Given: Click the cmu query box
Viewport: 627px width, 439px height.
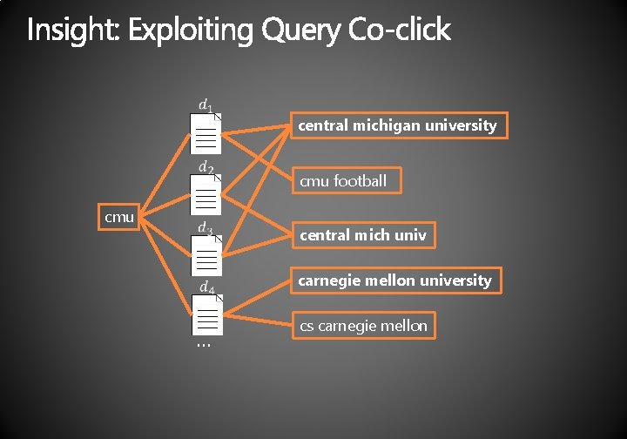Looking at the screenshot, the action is click(x=118, y=217).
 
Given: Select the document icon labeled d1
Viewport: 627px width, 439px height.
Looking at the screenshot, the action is click(x=206, y=133).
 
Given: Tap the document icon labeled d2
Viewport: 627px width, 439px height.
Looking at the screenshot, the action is click(x=206, y=195).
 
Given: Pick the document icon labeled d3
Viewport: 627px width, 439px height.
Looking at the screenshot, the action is click(x=206, y=255).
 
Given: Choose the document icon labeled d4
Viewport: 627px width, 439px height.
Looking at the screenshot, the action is click(x=207, y=315).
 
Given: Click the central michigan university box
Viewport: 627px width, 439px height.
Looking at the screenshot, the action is click(x=399, y=125).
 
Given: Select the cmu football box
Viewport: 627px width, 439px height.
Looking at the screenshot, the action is click(x=347, y=180).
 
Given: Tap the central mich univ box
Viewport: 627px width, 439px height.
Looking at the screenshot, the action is click(x=363, y=235).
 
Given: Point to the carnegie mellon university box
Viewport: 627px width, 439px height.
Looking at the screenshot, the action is click(x=396, y=280).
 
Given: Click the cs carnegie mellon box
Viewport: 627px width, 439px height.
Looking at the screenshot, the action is click(x=363, y=326).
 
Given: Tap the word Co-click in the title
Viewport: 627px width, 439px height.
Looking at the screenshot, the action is click(x=400, y=30).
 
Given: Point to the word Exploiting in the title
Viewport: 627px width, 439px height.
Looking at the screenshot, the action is click(x=191, y=30).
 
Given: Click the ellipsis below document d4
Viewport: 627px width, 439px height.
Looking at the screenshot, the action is click(x=204, y=345).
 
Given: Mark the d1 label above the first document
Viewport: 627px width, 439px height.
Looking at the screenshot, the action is click(x=206, y=105).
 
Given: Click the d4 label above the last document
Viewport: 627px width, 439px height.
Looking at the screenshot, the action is click(x=206, y=287).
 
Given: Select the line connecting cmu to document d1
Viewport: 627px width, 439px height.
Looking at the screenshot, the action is click(x=165, y=176).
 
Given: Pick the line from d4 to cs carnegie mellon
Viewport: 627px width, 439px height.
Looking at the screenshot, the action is click(x=257, y=321).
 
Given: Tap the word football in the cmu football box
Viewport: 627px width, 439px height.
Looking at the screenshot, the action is click(x=360, y=180).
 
